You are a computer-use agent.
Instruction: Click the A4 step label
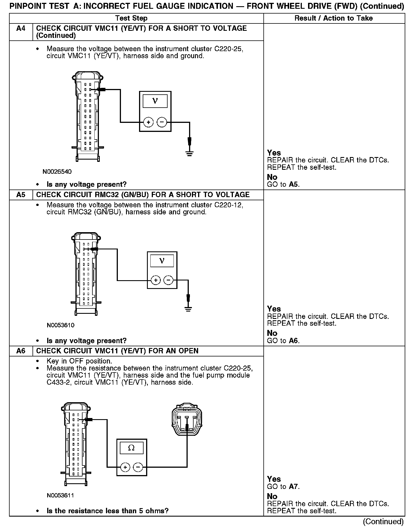[21, 28]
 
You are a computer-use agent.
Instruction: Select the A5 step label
[21, 195]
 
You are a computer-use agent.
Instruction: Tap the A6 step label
[21, 351]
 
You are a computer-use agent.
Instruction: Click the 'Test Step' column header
[131, 18]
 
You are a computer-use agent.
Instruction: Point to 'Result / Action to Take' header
[333, 18]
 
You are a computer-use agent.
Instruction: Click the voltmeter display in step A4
[155, 101]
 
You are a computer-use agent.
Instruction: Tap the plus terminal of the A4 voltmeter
[148, 122]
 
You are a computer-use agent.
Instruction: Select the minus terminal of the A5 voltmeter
[169, 280]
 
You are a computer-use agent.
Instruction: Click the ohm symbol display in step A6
[131, 448]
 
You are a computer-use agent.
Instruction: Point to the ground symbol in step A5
[188, 309]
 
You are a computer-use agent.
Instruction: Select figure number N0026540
[57, 172]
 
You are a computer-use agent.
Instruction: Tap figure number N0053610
[60, 325]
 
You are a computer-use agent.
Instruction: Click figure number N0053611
[60, 495]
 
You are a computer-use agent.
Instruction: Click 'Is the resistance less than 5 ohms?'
[107, 511]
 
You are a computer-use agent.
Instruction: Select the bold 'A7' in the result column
[294, 487]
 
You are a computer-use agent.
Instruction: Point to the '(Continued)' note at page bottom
[383, 522]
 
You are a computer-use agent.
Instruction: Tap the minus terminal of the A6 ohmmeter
[138, 467]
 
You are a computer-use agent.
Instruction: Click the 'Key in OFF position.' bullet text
[79, 361]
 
